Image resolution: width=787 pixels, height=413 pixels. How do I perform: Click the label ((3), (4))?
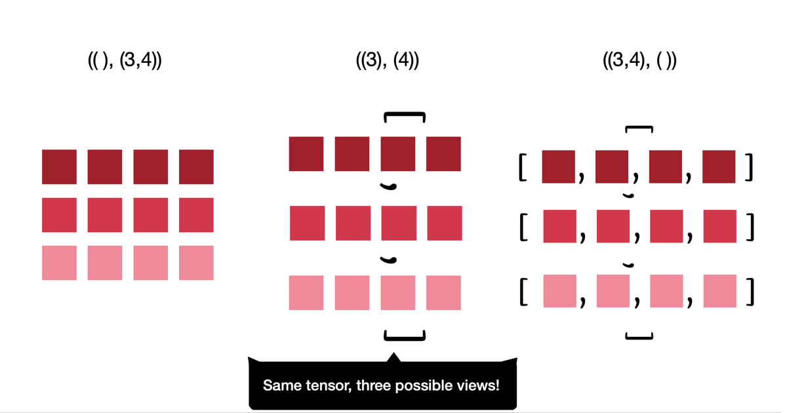tap(387, 61)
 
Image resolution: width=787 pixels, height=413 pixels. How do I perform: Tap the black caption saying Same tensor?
tap(382, 385)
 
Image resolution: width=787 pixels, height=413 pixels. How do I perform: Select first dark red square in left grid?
tap(59, 167)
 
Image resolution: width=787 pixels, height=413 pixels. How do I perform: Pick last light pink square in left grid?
tap(196, 263)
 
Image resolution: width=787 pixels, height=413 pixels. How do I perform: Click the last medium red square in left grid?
tap(196, 215)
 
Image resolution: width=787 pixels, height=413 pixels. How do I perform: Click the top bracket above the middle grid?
tap(404, 116)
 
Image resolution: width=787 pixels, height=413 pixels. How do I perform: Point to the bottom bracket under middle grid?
tap(404, 337)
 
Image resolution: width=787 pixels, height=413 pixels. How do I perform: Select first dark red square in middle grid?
tap(306, 154)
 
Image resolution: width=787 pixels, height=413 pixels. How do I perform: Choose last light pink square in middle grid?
tap(443, 292)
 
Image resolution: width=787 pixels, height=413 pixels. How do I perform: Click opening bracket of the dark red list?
tap(523, 168)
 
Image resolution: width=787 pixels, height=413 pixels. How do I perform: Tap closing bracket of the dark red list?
tap(749, 168)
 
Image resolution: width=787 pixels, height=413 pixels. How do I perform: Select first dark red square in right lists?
tap(558, 167)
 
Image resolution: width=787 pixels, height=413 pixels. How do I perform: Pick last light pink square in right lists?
tap(719, 291)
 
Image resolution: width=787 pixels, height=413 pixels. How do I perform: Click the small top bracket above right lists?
tap(639, 128)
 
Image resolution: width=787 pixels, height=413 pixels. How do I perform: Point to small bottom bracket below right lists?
tap(639, 337)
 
